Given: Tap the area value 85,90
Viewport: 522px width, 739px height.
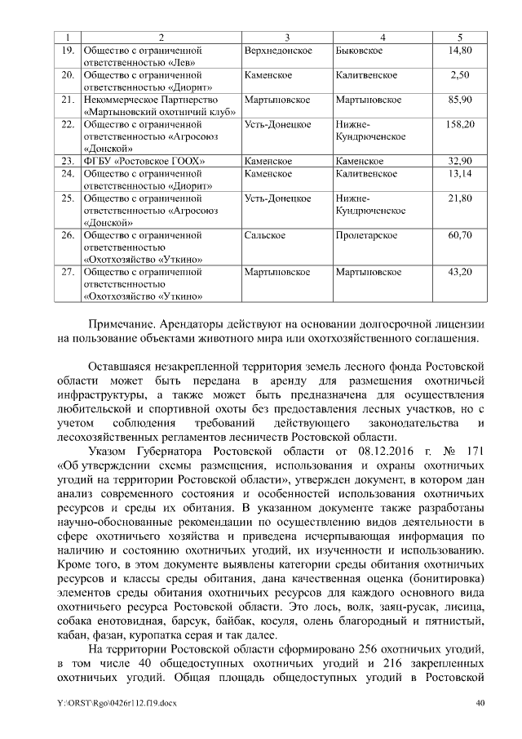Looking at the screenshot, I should (x=461, y=100).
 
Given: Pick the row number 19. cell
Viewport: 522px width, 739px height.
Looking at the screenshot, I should (x=69, y=51).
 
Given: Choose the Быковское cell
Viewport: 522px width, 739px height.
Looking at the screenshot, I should (x=360, y=51).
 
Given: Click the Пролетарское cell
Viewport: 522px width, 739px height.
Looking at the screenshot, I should (x=366, y=235).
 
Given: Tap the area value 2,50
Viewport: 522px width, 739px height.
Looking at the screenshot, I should (x=461, y=75).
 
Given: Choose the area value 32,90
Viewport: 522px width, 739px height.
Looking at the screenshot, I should (x=461, y=161).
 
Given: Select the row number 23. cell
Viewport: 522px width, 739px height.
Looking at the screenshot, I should (x=69, y=161).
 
